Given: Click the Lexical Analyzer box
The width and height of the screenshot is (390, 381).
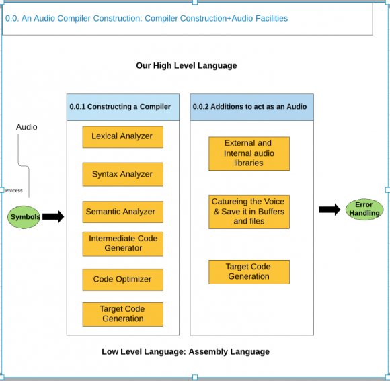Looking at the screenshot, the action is [123, 137].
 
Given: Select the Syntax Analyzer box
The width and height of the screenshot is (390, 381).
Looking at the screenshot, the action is [123, 175].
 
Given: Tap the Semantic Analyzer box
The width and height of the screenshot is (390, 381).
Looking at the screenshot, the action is [123, 212].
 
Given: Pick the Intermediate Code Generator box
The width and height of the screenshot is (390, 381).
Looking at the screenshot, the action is [123, 244].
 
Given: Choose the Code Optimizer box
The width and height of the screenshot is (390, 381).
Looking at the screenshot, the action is [123, 280].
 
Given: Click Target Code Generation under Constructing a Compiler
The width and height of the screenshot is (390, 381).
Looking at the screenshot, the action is [123, 314].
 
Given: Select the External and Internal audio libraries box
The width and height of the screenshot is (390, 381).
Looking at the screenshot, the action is [249, 154].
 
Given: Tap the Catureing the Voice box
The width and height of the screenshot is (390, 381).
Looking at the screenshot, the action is [249, 212].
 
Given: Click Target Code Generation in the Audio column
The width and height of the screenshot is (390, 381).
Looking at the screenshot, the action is [249, 272].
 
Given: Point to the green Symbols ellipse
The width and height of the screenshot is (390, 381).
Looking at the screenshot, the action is [24, 217].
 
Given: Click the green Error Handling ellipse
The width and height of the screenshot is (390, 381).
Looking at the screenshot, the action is [364, 209].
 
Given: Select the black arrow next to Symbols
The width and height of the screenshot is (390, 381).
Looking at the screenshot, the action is [53, 217].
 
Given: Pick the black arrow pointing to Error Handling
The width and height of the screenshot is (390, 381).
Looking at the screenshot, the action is [329, 210].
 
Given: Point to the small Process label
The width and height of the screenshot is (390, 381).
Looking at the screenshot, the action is [14, 191].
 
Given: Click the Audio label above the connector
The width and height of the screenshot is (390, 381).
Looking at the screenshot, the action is [27, 127].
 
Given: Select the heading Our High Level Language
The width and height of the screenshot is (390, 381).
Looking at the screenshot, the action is [186, 65].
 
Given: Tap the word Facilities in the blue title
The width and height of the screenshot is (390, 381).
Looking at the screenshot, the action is [272, 18].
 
